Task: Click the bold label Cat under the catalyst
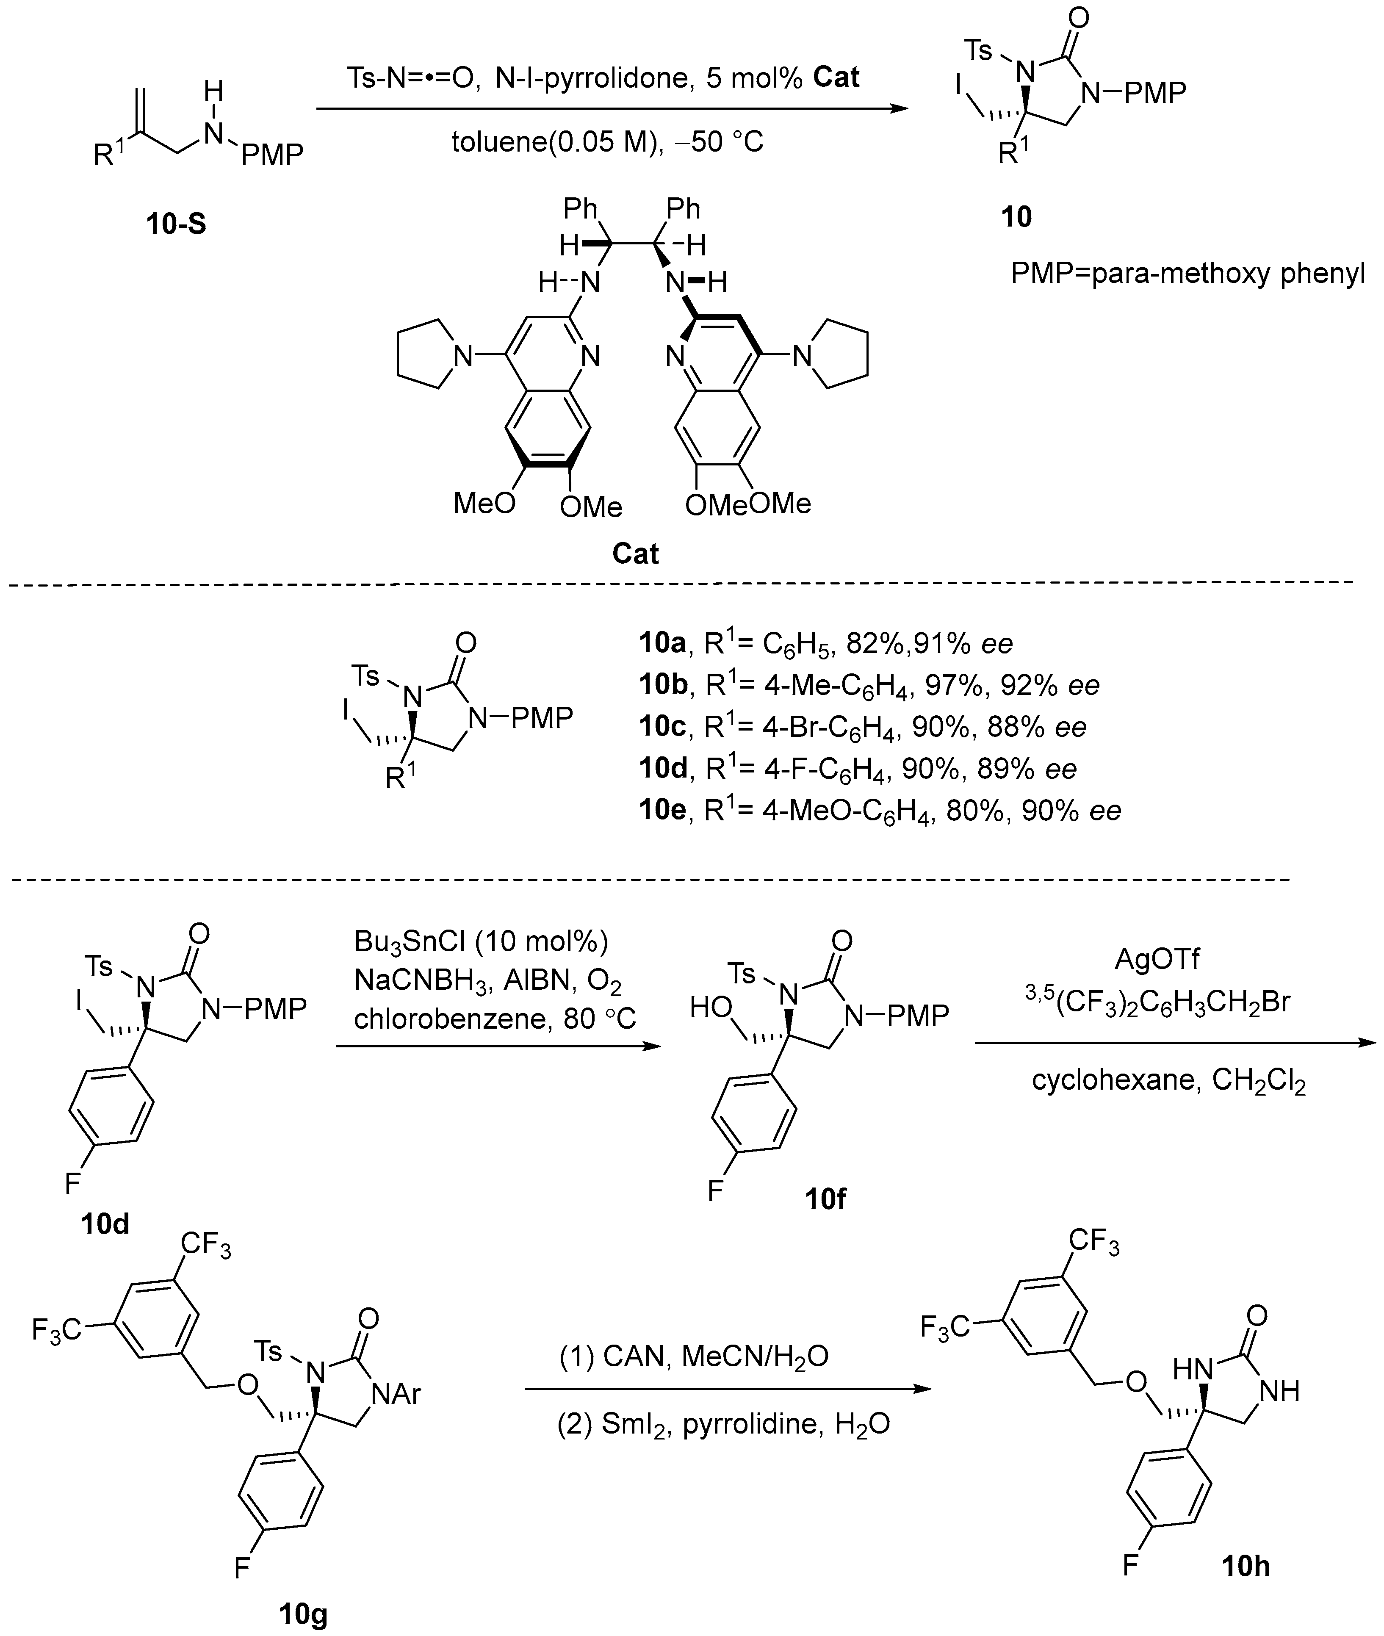(x=635, y=554)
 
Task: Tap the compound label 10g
(x=304, y=1615)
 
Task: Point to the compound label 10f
(x=825, y=1198)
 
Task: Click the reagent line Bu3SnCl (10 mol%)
(x=481, y=941)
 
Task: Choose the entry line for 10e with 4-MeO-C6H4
(x=880, y=810)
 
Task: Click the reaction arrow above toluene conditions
(x=612, y=110)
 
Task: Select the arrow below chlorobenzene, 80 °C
(x=498, y=1046)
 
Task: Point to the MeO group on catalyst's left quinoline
(x=484, y=503)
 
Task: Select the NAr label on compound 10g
(x=397, y=1393)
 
